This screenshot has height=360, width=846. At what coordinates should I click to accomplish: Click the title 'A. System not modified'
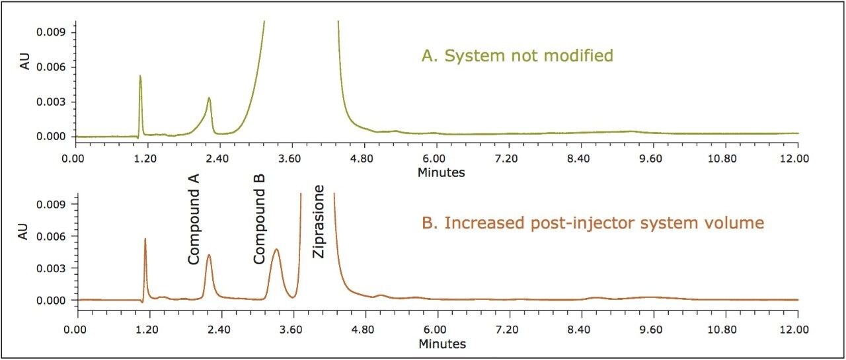pos(517,56)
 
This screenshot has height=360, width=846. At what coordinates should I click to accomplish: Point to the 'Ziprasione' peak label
pos(319,222)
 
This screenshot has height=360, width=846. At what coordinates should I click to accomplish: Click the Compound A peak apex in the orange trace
pos(209,255)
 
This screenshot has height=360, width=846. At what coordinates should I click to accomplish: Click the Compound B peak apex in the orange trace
pos(276,250)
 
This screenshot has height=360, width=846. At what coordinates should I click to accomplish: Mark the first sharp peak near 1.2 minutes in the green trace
pos(140,76)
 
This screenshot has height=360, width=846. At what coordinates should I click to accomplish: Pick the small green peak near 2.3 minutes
pos(209,98)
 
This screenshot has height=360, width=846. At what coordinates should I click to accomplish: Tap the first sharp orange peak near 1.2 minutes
pos(145,240)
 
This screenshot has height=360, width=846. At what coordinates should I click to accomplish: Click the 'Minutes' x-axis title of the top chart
pos(441,173)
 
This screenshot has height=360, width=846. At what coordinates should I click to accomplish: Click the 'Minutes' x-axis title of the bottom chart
pos(441,344)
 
